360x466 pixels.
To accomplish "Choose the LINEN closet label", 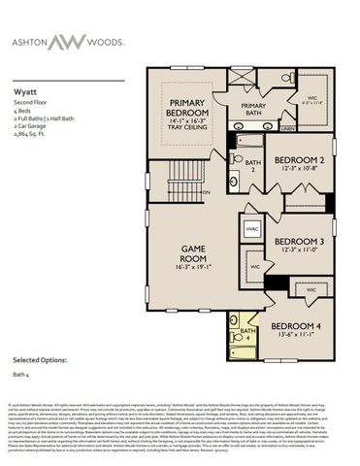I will [286, 127].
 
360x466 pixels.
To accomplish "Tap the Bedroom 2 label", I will [298, 160].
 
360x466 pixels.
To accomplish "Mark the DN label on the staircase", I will [207, 191].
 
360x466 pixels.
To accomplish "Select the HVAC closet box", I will [251, 229].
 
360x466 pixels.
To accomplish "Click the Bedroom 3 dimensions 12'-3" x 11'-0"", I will [298, 250].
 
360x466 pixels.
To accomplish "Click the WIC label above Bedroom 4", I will [311, 289].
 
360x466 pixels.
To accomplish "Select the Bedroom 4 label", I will [296, 325].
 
